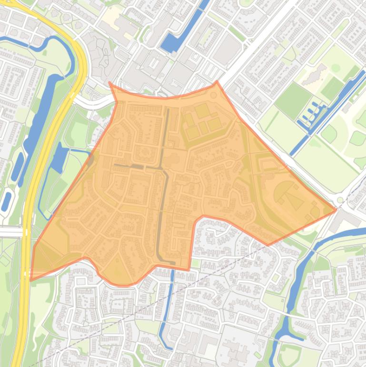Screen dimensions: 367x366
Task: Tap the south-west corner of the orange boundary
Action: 31,280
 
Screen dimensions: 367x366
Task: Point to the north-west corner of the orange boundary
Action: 110,82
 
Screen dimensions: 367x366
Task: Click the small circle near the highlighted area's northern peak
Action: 213,95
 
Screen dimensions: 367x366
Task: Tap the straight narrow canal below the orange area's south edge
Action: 167,305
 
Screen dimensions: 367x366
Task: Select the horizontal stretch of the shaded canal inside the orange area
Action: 138,166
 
